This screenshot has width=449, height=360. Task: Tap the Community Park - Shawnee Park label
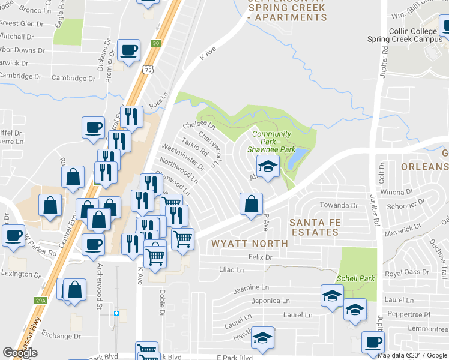pyautogui.click(x=271, y=142)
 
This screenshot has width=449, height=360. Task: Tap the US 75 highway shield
pyautogui.click(x=148, y=70)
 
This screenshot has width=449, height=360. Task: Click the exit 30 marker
pyautogui.click(x=156, y=43)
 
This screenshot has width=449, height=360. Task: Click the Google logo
pyautogui.click(x=20, y=353)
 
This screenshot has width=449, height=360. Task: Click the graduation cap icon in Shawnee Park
pyautogui.click(x=268, y=166)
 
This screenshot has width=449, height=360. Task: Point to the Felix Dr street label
pyautogui.click(x=260, y=257)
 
